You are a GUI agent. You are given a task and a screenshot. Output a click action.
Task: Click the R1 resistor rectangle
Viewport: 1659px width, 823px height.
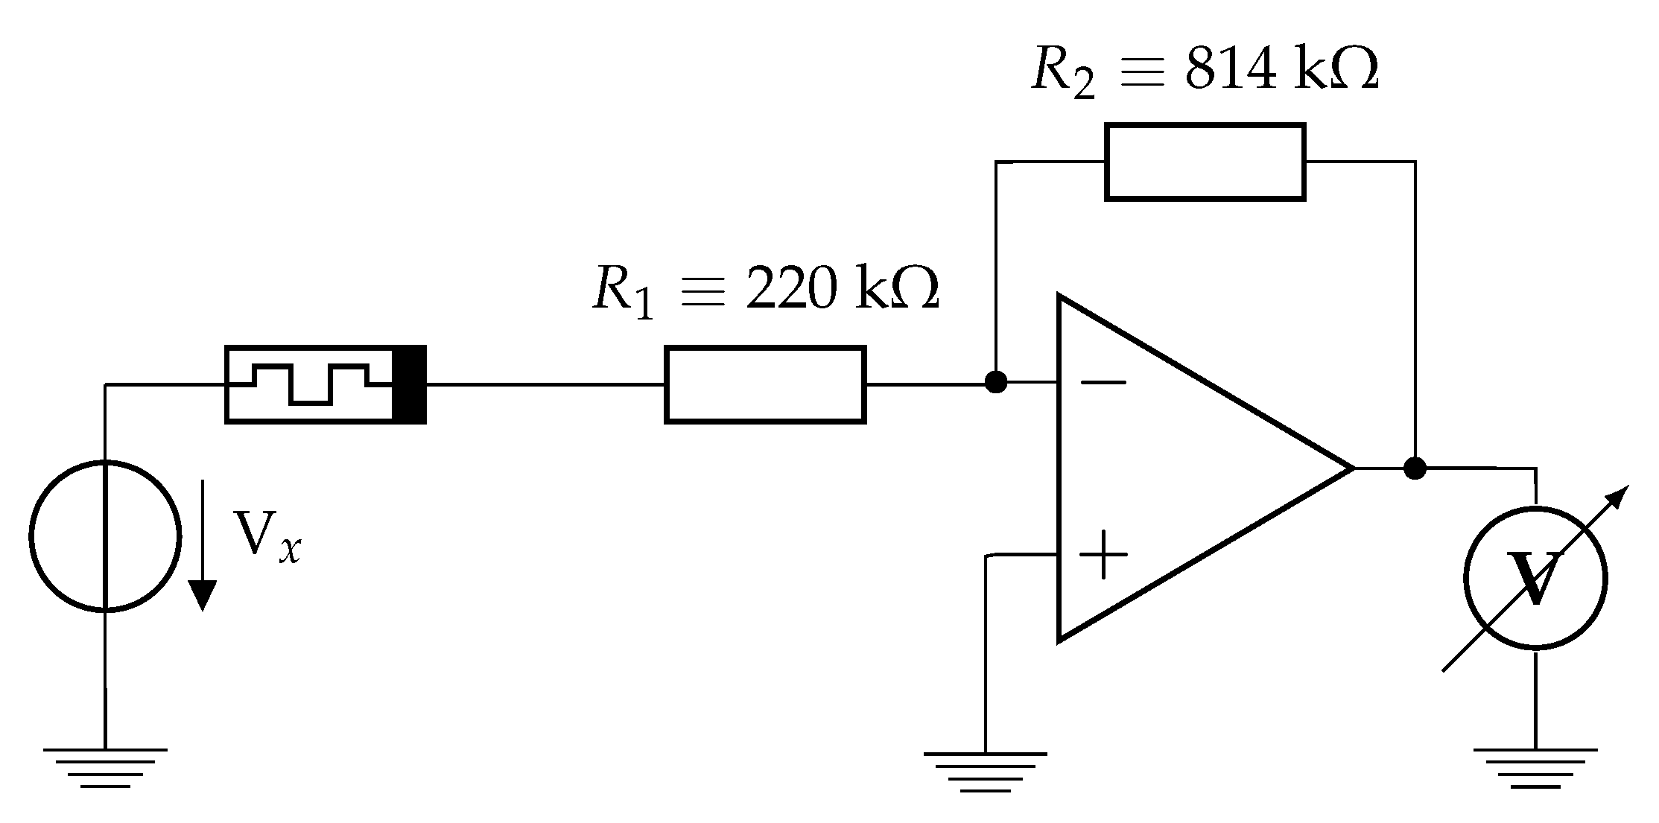tap(765, 384)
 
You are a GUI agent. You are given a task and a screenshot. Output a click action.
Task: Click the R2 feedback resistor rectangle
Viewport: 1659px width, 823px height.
tap(1205, 162)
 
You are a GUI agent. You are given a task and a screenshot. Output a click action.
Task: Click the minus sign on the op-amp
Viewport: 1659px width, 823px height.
tap(1103, 383)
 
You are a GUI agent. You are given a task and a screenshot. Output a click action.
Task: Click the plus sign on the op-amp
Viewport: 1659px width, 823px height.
tap(1103, 555)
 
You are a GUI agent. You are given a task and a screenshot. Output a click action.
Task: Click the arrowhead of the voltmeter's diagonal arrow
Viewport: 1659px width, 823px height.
tap(1617, 498)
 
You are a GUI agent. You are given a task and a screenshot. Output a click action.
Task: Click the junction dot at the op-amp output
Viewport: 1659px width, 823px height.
tap(1414, 468)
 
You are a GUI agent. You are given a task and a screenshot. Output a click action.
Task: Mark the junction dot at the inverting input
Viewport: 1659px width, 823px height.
tap(996, 382)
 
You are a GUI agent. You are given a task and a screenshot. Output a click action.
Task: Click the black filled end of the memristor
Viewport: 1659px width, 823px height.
tap(409, 384)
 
